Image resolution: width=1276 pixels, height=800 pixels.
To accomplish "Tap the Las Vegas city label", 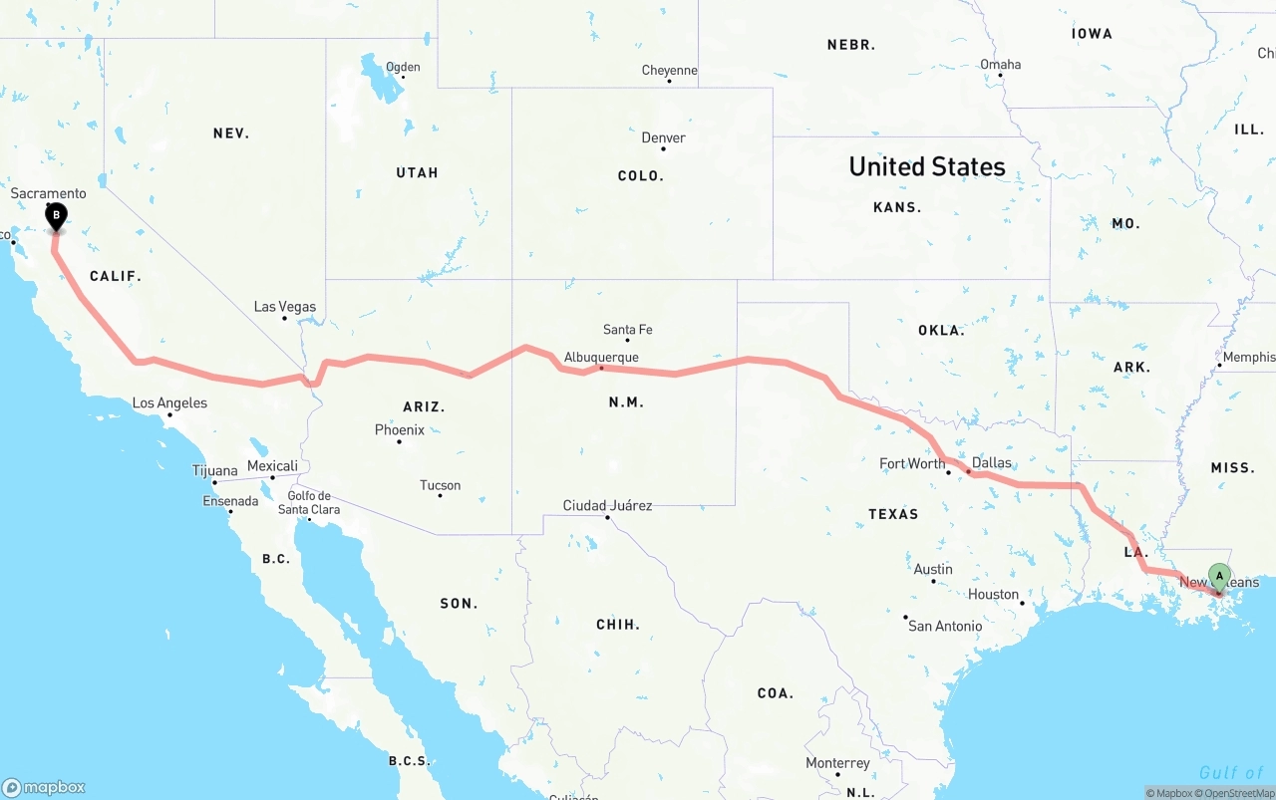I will point(284,307).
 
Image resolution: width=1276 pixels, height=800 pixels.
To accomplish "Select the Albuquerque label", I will point(601,357).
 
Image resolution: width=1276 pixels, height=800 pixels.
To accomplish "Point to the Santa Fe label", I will point(627,330).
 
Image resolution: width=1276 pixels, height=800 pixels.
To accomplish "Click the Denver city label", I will point(663,137).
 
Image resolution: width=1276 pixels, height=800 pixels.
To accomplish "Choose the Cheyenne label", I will point(669,71).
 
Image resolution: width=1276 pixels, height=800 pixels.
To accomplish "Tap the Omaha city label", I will point(1000,65).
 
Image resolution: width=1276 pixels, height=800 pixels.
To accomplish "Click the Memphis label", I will point(1248,357).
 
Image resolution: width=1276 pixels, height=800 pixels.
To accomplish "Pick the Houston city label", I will point(993,595).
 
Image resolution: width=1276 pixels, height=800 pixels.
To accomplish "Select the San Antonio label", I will point(944,626).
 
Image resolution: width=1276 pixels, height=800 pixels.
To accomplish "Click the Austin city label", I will point(933,570).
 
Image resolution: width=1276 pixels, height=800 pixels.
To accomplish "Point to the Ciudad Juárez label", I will point(607,505).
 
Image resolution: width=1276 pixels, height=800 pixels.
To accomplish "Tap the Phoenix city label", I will point(399,430).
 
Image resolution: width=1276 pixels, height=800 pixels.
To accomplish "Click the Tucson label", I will point(440,485).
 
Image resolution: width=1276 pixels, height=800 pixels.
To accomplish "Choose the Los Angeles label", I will point(169,403).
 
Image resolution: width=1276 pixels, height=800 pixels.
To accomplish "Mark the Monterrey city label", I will point(837,763).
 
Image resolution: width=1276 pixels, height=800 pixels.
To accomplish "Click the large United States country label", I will point(927,166).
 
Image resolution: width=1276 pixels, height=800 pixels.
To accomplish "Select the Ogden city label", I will point(403,68).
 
